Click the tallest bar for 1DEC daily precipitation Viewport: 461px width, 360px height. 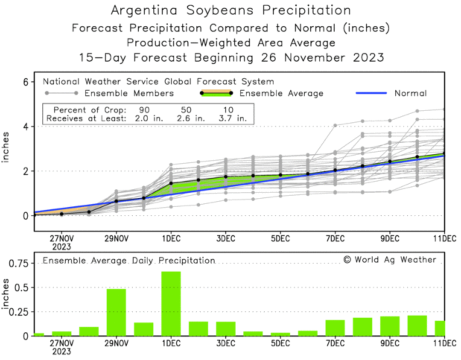pyautogui.click(x=171, y=303)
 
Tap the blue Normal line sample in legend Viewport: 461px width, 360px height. pyautogui.click(x=371, y=93)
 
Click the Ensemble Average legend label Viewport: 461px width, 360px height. pyautogui.click(x=281, y=93)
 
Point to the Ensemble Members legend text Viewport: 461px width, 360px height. pyautogui.click(x=129, y=93)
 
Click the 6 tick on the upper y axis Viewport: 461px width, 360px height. pyautogui.click(x=26, y=82)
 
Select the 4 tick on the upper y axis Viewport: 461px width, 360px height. pyautogui.click(x=26, y=127)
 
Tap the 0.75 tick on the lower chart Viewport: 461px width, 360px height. pyautogui.click(x=19, y=264)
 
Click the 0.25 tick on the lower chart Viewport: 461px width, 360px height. pyautogui.click(x=19, y=312)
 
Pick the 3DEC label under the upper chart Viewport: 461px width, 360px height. pyautogui.click(x=226, y=239)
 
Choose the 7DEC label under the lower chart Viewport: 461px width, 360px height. pyautogui.click(x=335, y=343)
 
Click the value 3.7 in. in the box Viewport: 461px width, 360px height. pyautogui.click(x=232, y=119)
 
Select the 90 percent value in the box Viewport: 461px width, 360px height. pyautogui.click(x=144, y=110)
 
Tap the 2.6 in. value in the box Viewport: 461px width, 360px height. pyautogui.click(x=191, y=119)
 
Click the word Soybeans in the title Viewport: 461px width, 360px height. pyautogui.click(x=220, y=10)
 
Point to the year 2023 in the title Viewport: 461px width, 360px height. pyautogui.click(x=368, y=58)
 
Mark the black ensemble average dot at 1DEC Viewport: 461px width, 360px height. pyautogui.click(x=171, y=183)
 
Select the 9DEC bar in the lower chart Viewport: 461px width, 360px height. pyautogui.click(x=390, y=326)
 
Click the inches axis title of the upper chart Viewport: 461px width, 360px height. pyautogui.click(x=5, y=147)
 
